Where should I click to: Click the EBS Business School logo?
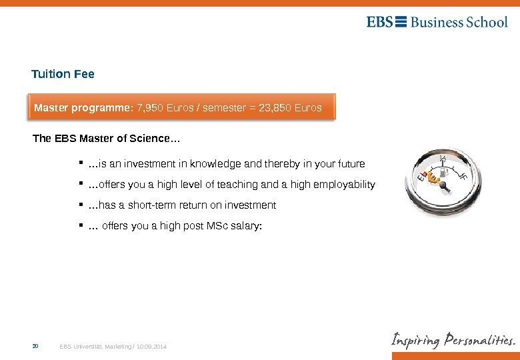tap(437, 22)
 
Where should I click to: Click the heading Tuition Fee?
tap(63, 74)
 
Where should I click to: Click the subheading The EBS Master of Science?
tap(106, 139)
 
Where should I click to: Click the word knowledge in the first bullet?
tap(212, 163)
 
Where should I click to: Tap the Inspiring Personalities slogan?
tap(453, 341)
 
